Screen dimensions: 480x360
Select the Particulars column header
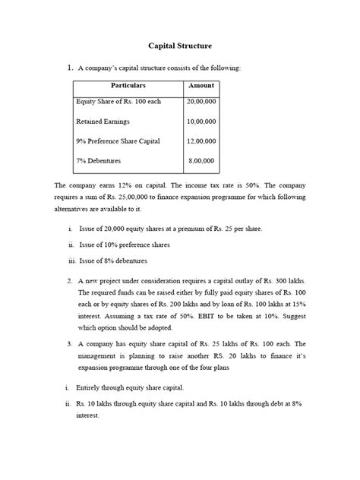click(128, 87)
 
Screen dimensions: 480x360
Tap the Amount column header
click(201, 87)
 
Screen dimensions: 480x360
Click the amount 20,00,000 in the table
click(201, 101)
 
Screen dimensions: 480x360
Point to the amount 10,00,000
click(201, 122)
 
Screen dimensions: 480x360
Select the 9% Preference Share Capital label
click(122, 141)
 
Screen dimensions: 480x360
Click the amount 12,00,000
click(201, 141)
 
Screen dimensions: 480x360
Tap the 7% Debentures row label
click(99, 161)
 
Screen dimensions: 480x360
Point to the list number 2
click(70, 280)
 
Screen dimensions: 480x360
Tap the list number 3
click(70, 344)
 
